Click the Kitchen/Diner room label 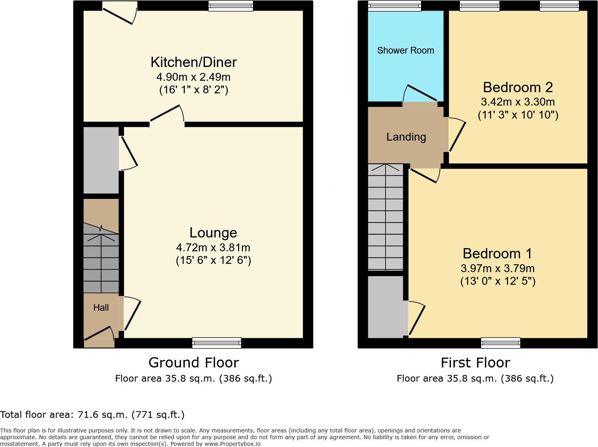tap(194, 62)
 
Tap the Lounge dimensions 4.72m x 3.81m tap(213, 247)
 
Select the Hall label tap(101, 308)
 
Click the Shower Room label tap(405, 50)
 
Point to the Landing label tap(406, 137)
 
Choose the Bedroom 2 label tap(518, 87)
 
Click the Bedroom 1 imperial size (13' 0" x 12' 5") tap(498, 281)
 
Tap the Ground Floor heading tap(194, 362)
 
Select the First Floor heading tap(475, 362)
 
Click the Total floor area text tap(92, 414)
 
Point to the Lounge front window tap(216, 343)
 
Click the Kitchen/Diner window tap(231, 6)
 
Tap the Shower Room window tap(394, 6)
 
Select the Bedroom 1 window tap(500, 343)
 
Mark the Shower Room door tap(420, 95)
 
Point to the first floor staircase tap(386, 217)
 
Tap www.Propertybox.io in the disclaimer tap(232, 444)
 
